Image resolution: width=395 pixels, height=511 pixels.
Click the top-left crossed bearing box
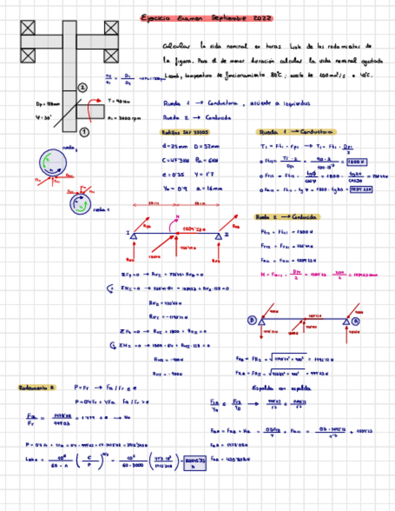click(28, 28)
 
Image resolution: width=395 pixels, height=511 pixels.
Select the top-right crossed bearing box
click(111, 28)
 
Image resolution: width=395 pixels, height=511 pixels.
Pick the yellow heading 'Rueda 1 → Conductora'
click(296, 132)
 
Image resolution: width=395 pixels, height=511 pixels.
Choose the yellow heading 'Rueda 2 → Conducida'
click(287, 217)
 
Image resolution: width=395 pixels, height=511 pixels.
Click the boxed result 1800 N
click(357, 161)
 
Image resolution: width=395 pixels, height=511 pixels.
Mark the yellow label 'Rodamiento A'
click(37, 387)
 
